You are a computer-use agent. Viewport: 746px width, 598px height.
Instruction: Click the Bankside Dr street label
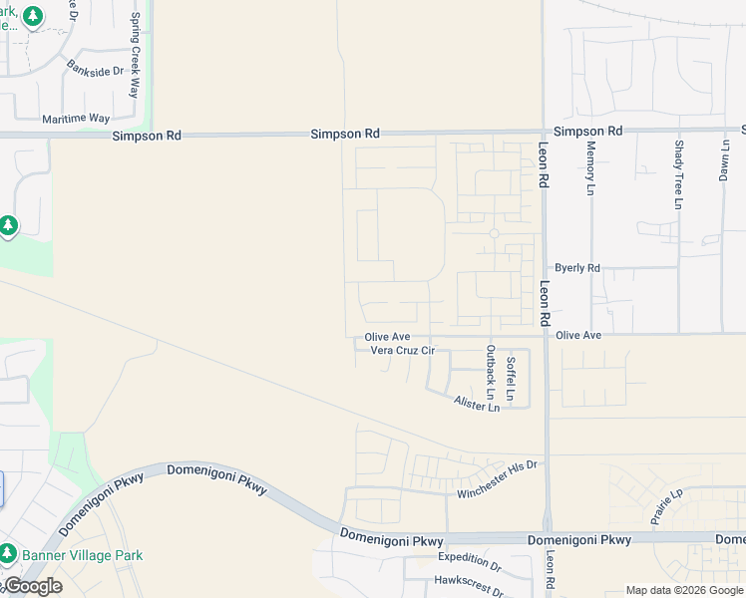[x=95, y=71]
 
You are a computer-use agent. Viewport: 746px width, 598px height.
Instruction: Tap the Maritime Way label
[x=76, y=118]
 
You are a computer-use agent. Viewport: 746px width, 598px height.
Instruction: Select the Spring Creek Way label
[x=135, y=56]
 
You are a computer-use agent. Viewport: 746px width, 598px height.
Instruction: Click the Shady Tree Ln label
[x=678, y=174]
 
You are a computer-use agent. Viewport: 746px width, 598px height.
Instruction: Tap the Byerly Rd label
[x=577, y=268]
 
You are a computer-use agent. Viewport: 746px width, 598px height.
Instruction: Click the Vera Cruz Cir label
[x=403, y=351]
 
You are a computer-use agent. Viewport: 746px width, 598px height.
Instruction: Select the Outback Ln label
[x=490, y=374]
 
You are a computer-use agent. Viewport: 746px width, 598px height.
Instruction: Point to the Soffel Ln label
[x=510, y=380]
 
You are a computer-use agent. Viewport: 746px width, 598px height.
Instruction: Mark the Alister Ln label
[x=477, y=404]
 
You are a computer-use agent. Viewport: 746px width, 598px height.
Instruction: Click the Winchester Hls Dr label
[x=498, y=479]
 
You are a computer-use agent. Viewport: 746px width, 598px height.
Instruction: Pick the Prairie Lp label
[x=665, y=508]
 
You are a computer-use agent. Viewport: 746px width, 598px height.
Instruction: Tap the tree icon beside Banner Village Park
[x=8, y=554]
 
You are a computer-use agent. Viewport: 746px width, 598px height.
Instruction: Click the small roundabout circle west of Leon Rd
[x=494, y=233]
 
